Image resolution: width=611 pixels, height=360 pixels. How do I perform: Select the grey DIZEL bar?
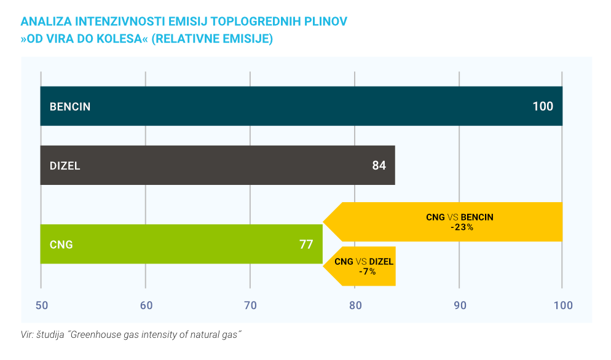click(x=215, y=165)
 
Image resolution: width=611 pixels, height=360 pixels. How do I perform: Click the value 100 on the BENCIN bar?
click(x=543, y=106)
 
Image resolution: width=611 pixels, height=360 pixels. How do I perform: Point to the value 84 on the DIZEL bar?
click(x=379, y=165)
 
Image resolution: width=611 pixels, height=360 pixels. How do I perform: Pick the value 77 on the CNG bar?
click(x=306, y=245)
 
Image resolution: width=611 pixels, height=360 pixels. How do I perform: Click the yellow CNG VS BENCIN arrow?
click(x=449, y=222)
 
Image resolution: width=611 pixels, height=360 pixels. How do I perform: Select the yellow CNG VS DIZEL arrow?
click(x=363, y=266)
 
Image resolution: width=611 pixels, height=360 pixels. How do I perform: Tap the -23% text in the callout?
click(x=461, y=227)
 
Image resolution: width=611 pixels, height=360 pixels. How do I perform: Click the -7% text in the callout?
click(x=367, y=271)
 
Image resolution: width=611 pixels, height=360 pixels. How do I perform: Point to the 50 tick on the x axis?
click(x=41, y=305)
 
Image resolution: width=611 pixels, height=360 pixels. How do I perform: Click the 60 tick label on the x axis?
click(x=145, y=305)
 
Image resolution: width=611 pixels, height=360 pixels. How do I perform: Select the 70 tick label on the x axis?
click(x=250, y=305)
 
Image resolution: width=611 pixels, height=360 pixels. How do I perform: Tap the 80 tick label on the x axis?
click(x=355, y=305)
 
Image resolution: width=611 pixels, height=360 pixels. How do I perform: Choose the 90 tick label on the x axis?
click(x=459, y=305)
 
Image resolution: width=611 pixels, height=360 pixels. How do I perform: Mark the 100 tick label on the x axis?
click(x=562, y=305)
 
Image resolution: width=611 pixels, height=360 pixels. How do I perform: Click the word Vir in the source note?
click(x=28, y=335)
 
